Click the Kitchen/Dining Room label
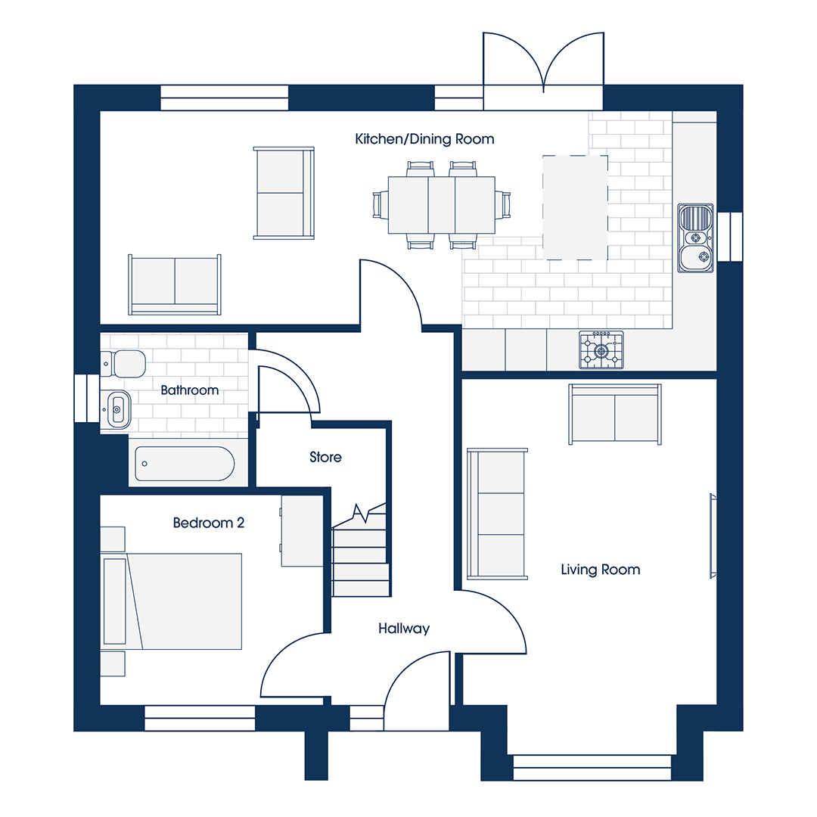coord(424,139)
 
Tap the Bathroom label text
coord(190,390)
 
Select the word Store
coord(325,457)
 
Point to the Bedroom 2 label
coord(209,523)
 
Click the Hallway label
coord(404,629)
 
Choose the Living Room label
coord(600,570)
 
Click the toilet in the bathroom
coord(123,363)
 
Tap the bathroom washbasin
coord(116,409)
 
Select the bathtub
coord(185,463)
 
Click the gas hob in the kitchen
coord(601,350)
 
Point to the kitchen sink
coord(695,238)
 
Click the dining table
coord(442,205)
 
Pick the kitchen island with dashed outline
coord(575,207)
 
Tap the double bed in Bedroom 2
coord(172,601)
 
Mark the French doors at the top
coord(543,70)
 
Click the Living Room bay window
coord(592,768)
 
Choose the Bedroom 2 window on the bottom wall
coord(200,719)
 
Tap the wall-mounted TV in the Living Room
coord(713,536)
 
